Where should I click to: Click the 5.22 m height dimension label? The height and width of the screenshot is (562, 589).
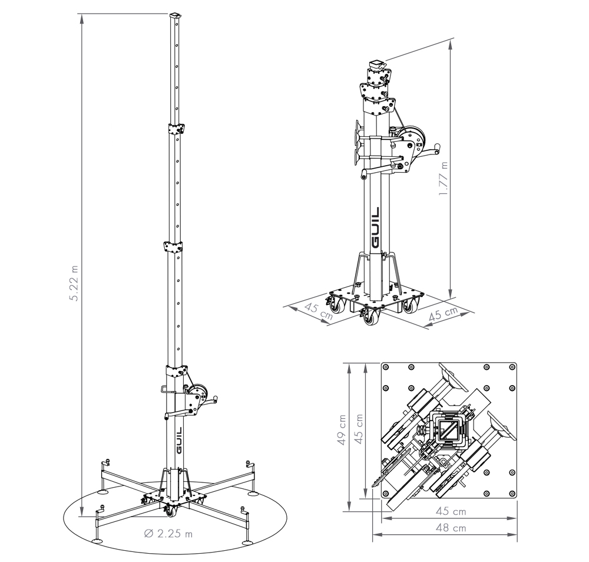74,283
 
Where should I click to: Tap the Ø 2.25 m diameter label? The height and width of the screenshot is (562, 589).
168,534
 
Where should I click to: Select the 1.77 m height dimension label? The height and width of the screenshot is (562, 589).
444,178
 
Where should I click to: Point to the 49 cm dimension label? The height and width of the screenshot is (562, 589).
342,430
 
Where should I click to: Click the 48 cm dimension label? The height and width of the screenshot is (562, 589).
451,528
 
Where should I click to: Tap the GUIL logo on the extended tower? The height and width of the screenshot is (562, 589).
179,440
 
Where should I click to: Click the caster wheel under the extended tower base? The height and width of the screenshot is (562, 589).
170,511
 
